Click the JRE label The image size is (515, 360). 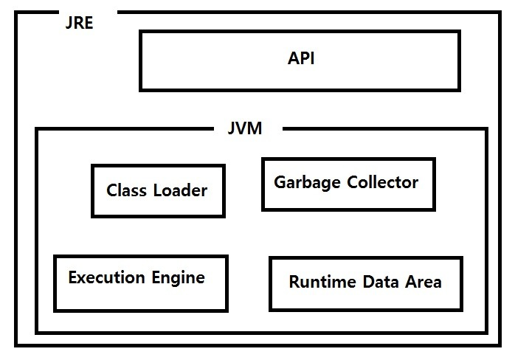tap(79, 23)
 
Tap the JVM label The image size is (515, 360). tap(245, 128)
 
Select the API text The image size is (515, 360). tap(301, 58)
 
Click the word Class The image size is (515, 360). tap(126, 190)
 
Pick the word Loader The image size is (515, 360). tap(180, 190)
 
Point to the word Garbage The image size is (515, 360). tap(307, 183)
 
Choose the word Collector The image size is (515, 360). tap(383, 182)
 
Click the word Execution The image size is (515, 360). tap(106, 277)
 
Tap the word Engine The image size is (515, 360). tap(179, 278)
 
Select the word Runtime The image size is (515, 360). tap(322, 282)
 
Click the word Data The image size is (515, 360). tap(380, 282)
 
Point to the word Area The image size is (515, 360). tap(424, 282)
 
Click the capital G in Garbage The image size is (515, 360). tap(280, 182)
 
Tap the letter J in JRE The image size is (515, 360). tap(69, 23)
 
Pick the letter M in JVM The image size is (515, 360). tap(255, 128)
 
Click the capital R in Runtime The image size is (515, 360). tap(294, 282)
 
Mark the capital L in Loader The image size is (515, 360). tap(158, 190)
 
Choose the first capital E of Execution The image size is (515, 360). tap(73, 277)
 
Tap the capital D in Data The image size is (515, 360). tap(369, 282)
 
